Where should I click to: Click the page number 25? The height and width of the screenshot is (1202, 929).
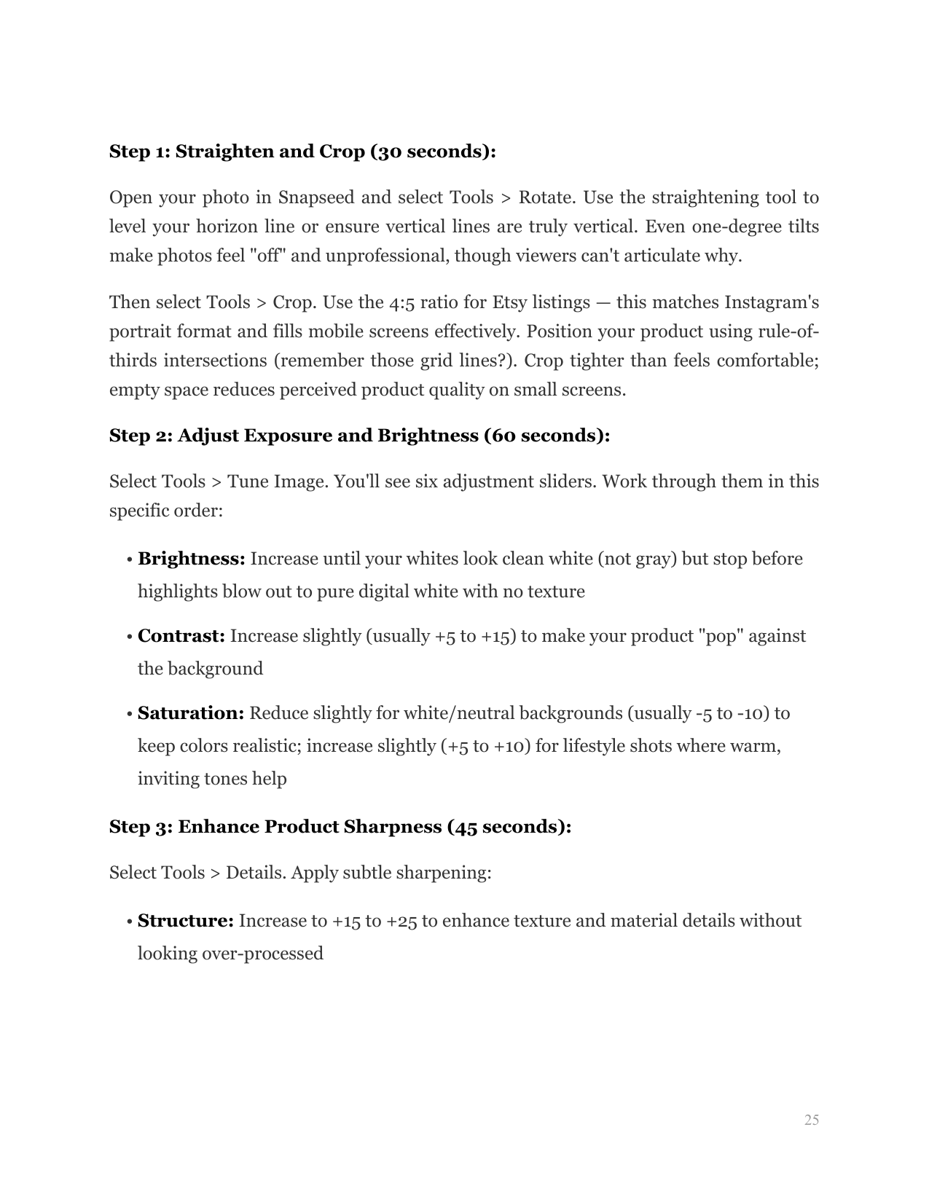[811, 1120]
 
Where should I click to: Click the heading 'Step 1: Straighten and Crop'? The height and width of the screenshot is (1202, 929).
[302, 152]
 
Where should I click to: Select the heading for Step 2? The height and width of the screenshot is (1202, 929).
[359, 436]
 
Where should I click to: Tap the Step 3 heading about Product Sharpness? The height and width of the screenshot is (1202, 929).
[340, 827]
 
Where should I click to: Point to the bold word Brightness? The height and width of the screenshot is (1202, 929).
[191, 559]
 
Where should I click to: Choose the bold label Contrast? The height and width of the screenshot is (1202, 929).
[181, 637]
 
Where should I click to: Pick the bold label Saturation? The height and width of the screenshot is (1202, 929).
[190, 713]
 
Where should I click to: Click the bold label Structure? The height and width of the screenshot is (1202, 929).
[185, 922]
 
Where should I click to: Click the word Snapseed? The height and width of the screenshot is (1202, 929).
[317, 198]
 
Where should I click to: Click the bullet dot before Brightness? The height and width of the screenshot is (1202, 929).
[128, 560]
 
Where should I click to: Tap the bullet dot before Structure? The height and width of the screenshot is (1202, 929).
[128, 922]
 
